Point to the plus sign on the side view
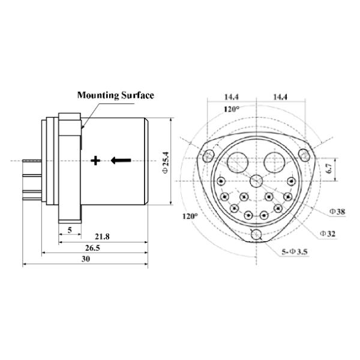point(95,160)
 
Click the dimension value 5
point(70,230)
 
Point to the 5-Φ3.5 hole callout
point(297,253)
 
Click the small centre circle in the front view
point(257,181)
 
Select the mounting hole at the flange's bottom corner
point(257,235)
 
